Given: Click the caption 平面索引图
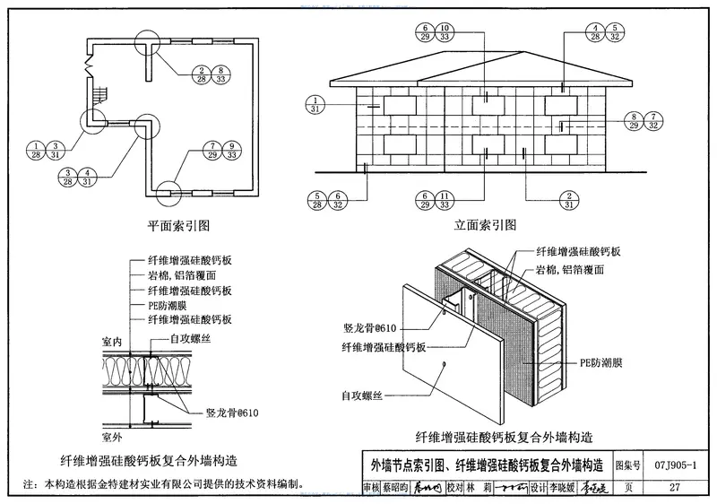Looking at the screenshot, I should click(179, 224).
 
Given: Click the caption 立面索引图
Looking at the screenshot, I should click(488, 224).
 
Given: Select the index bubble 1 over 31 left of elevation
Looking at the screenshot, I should click(315, 104).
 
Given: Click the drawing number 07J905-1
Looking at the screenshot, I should click(681, 465).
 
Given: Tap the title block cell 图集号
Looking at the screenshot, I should click(631, 465).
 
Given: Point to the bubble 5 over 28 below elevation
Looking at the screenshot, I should click(317, 201).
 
